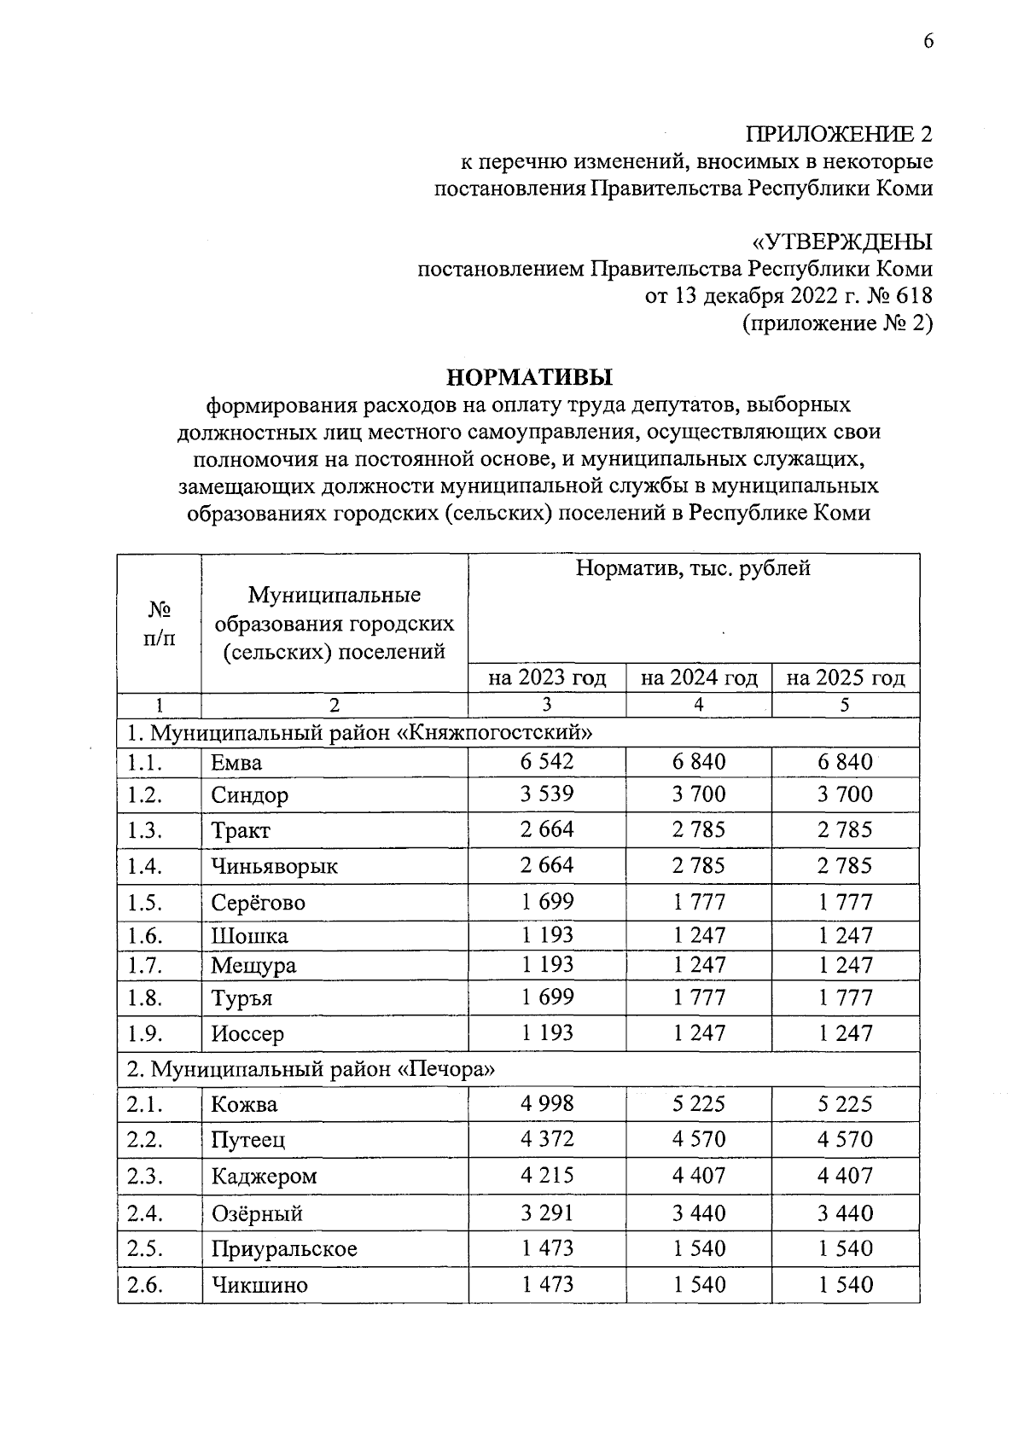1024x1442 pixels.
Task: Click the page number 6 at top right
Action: point(928,42)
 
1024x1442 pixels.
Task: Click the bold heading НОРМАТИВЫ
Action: point(530,376)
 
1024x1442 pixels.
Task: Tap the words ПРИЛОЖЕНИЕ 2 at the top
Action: point(840,135)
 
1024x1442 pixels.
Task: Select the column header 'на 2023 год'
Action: point(547,678)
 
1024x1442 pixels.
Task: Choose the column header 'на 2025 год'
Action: point(845,678)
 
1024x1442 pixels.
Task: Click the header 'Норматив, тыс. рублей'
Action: point(693,569)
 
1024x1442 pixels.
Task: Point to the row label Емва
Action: point(237,763)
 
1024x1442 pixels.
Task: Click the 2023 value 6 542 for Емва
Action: point(547,761)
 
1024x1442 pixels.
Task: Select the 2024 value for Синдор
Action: point(699,794)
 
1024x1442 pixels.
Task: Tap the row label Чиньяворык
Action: point(275,866)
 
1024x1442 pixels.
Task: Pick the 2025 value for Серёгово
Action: point(845,901)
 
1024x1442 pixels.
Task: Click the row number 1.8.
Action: point(145,997)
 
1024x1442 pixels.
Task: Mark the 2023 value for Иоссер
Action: point(547,1032)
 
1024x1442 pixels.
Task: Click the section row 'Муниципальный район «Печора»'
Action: point(311,1069)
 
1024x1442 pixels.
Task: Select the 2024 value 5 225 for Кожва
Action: point(699,1103)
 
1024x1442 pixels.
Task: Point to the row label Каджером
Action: point(265,1176)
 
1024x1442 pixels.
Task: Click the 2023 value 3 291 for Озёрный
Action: point(547,1212)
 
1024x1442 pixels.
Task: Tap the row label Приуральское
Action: point(284,1249)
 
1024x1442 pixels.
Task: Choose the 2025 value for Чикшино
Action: point(845,1284)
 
